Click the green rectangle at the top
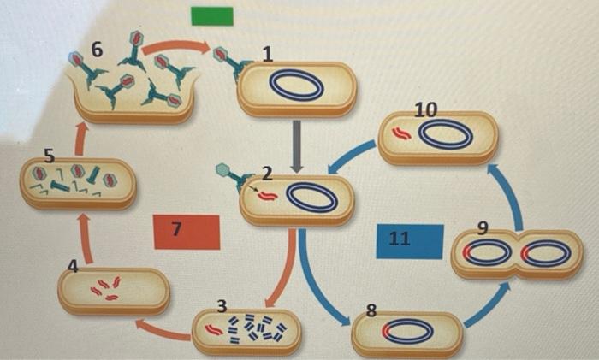point(211,17)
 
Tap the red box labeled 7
point(187,231)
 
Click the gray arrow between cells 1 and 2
point(297,145)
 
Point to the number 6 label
point(97,50)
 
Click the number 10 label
point(425,110)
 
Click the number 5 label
point(49,156)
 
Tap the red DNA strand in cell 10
point(402,133)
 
